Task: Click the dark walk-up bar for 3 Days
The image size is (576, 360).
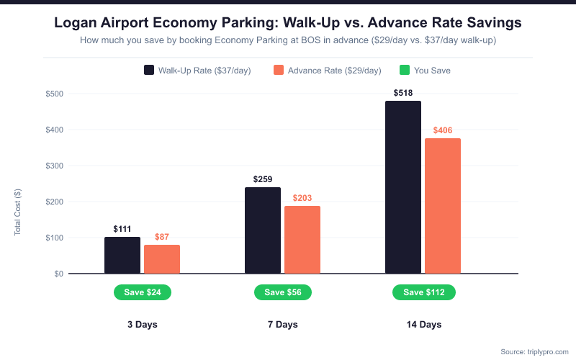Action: pyautogui.click(x=122, y=255)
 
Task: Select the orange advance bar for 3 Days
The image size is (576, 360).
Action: pyautogui.click(x=162, y=259)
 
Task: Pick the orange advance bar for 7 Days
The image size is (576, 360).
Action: pyautogui.click(x=302, y=240)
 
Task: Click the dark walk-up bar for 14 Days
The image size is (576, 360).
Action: pyautogui.click(x=403, y=187)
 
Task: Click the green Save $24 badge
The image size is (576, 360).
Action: pyautogui.click(x=143, y=292)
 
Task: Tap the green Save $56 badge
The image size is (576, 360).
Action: pyautogui.click(x=283, y=292)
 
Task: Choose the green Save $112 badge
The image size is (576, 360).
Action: pyautogui.click(x=424, y=292)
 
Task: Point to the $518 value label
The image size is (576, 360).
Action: pyautogui.click(x=403, y=93)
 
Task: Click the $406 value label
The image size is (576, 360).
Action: pyautogui.click(x=443, y=130)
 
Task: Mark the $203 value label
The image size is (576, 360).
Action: pyautogui.click(x=302, y=198)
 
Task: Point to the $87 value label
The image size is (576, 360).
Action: pyautogui.click(x=162, y=237)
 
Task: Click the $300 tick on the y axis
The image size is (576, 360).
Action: pyautogui.click(x=55, y=166)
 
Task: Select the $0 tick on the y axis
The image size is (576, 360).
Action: pyautogui.click(x=58, y=274)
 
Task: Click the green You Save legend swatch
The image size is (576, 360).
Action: pyautogui.click(x=405, y=71)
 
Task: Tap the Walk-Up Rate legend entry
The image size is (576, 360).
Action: pyautogui.click(x=197, y=71)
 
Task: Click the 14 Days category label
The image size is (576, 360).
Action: pyautogui.click(x=423, y=325)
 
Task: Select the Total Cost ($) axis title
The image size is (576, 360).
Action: pyautogui.click(x=18, y=212)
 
